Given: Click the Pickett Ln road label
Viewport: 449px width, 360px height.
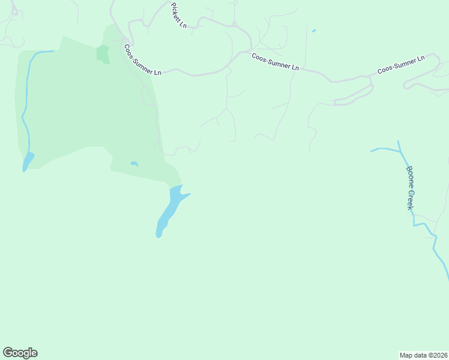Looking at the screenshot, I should pos(179,15).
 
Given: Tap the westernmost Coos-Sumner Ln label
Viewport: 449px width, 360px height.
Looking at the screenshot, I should pos(143,59).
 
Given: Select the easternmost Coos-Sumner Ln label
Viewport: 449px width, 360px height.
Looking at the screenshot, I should pos(401,65).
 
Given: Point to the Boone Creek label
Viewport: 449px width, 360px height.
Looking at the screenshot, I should pos(410,188).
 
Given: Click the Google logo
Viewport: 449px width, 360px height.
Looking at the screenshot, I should pos(20,353).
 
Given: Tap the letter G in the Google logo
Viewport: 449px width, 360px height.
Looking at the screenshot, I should pos(8,352).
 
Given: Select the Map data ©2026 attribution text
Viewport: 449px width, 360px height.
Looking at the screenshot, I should pos(423,355).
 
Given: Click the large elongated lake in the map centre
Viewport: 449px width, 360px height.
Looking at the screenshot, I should pos(169,210).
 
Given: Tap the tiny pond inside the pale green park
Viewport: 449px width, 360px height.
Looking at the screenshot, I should pos(134,163).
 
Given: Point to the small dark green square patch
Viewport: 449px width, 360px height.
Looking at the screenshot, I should pos(103,53).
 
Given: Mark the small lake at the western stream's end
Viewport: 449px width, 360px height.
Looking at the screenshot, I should pos(28,161).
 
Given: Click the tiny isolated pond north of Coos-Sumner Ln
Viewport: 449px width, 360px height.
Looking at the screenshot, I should pos(314,30).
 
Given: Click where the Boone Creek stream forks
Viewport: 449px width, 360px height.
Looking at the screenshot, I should pos(400,151).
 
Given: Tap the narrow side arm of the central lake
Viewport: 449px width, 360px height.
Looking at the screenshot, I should pos(185,196).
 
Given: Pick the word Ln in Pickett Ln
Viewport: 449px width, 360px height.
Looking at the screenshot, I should pos(184,24).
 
